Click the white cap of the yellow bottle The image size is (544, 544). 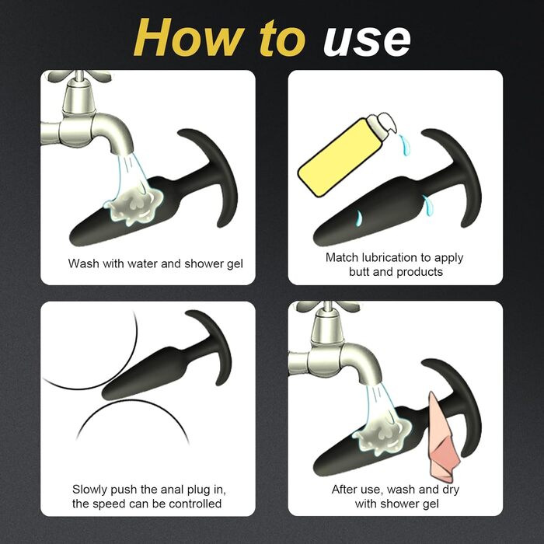tap(382, 123)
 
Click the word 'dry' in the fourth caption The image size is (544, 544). tap(451, 490)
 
